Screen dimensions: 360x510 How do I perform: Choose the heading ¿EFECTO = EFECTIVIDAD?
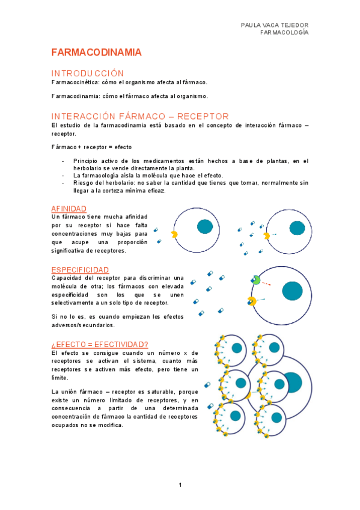[x=100, y=344]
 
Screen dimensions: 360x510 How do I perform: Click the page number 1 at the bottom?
[x=180, y=485]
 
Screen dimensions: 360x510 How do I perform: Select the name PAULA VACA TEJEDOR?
[x=274, y=25]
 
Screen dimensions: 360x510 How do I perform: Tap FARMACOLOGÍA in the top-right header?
[x=284, y=32]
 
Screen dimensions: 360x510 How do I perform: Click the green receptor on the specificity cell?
[x=255, y=280]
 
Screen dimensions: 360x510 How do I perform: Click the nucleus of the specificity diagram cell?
[x=293, y=291]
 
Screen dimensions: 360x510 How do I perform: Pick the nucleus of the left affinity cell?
[x=205, y=226]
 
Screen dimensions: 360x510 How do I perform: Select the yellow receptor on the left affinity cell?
[x=174, y=235]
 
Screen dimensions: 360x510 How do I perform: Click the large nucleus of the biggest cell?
[x=292, y=381]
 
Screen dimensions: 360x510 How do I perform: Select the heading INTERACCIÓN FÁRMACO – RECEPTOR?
[x=139, y=116]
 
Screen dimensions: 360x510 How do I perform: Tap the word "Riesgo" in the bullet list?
[x=84, y=182]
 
